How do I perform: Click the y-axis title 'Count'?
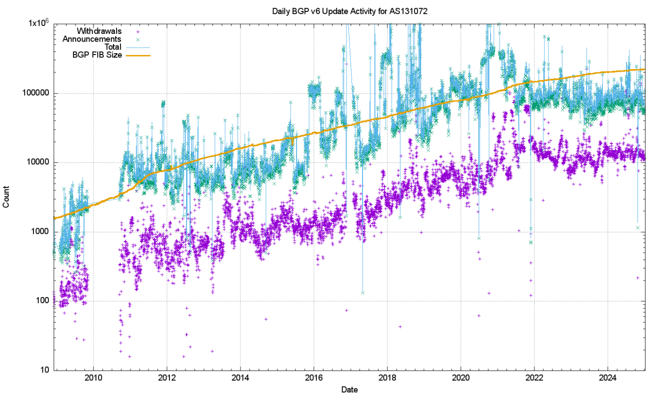click(x=6, y=197)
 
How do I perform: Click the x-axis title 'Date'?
click(x=349, y=389)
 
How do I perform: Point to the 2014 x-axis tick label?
click(x=240, y=377)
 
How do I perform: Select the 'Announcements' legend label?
click(x=91, y=39)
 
